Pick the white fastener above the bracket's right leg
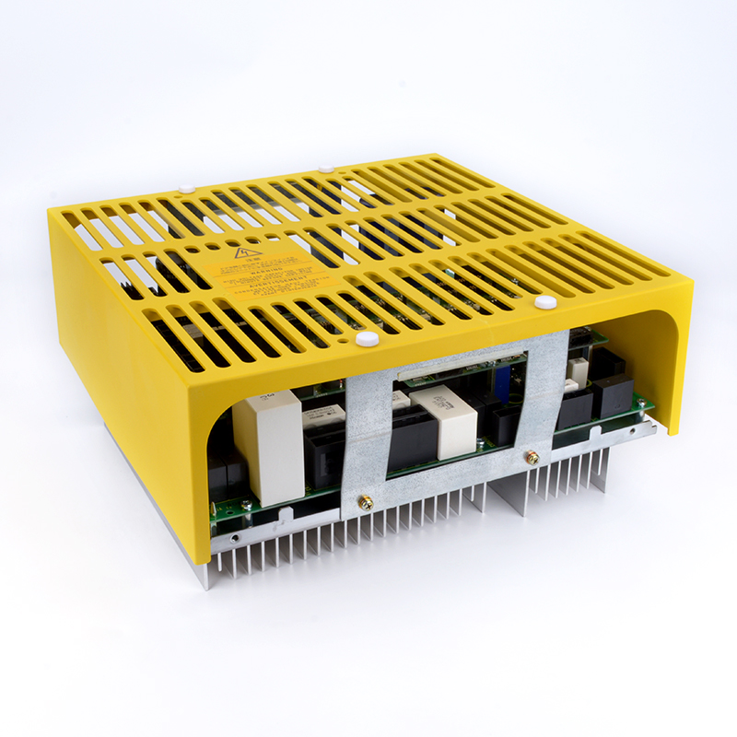543,301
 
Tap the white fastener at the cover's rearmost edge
324,169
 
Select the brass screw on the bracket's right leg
532,457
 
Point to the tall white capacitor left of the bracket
268,433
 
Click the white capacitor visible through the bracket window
444,419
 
